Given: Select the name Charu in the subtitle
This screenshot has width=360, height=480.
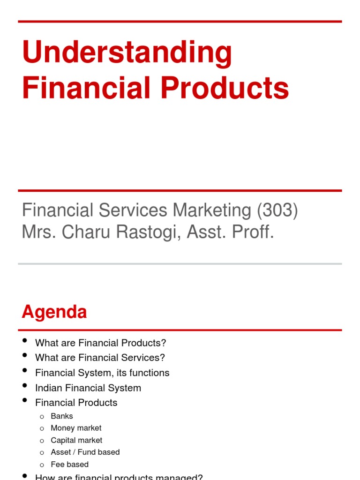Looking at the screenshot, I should [80, 232].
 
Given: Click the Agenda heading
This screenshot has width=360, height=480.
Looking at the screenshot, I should [54, 312].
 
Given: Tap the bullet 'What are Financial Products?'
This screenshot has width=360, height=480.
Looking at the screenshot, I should [101, 343].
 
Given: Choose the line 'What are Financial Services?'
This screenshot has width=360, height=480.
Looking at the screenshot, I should [100, 358].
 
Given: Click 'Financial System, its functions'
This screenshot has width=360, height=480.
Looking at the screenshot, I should [102, 373].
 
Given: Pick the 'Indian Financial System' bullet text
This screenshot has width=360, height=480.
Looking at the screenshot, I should [88, 388].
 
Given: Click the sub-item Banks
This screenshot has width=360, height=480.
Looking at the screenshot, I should [62, 416].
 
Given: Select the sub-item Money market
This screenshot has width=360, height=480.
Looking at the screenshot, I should [76, 428].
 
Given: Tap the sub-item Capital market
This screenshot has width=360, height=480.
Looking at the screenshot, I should [76, 440].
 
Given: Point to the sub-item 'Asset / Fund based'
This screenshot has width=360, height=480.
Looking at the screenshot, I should [85, 452].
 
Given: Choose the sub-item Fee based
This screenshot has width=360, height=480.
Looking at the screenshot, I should [70, 464].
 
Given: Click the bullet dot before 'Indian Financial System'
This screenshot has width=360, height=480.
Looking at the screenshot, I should [25, 386].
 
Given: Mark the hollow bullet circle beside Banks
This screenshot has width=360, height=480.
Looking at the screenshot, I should [42, 416].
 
